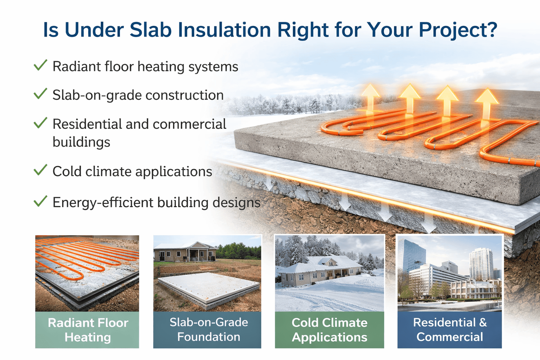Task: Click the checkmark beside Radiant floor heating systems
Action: point(40,65)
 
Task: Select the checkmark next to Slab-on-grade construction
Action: point(40,94)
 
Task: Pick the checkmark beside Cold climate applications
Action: point(40,170)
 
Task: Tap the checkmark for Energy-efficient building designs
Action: point(40,201)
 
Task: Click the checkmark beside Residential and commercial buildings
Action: point(40,123)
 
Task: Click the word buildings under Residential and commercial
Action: point(81,142)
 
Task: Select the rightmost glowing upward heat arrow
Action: point(487,104)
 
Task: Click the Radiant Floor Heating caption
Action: point(88,330)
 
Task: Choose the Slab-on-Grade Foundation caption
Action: point(208,330)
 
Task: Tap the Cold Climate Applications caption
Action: point(329,330)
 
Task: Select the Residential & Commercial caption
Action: point(450,330)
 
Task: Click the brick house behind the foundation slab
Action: point(186,251)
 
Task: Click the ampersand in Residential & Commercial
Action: point(483,322)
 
